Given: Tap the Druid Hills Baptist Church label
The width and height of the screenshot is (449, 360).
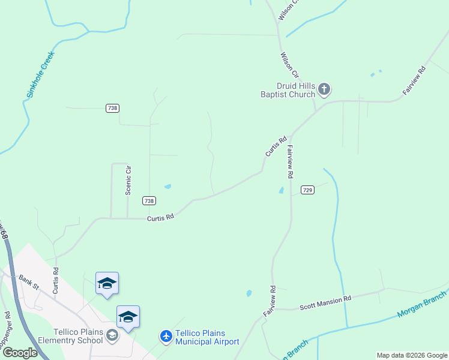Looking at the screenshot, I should (x=288, y=90).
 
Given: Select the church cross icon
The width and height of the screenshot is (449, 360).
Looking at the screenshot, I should (x=324, y=90).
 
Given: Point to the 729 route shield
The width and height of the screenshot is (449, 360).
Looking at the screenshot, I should (x=307, y=190).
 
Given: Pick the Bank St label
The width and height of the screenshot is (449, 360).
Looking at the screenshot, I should (x=28, y=281).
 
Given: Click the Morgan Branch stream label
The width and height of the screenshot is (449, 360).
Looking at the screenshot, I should (x=423, y=305).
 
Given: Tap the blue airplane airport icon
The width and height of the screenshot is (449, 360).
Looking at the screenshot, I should (x=166, y=336).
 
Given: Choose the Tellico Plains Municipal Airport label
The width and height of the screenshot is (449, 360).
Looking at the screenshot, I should (x=207, y=337).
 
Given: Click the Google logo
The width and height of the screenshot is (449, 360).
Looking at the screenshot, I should (x=20, y=353).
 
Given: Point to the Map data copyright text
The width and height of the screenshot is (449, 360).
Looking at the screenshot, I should (x=412, y=355).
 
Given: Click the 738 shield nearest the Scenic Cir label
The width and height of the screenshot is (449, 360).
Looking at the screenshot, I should (x=149, y=200).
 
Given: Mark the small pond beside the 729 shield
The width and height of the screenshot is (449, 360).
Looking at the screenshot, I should (x=282, y=191).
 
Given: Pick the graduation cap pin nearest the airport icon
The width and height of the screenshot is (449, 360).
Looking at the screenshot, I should (x=128, y=317).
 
